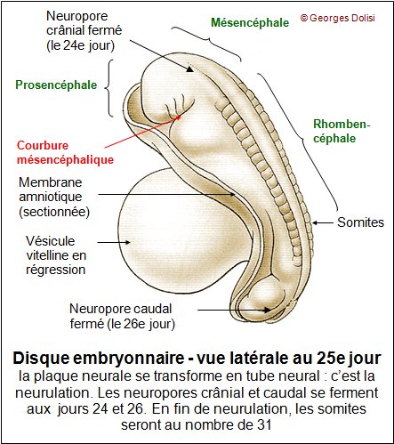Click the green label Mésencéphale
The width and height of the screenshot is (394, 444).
[250, 22]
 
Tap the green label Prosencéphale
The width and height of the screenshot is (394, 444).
[56, 85]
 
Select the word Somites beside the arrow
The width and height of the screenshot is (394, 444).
[360, 222]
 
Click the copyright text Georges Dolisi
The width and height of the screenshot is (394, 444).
[342, 18]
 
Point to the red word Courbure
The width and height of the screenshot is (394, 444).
[43, 145]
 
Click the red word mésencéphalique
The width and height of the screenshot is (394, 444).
[65, 160]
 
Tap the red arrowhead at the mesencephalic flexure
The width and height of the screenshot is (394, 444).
[178, 117]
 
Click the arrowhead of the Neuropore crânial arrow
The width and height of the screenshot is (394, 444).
[190, 69]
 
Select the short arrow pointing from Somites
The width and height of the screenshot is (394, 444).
[323, 222]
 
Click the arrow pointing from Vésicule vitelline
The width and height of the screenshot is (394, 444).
[114, 242]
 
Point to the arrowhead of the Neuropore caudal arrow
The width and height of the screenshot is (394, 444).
[268, 310]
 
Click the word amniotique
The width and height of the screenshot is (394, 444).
[51, 197]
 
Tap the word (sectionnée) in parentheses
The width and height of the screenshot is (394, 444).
[54, 212]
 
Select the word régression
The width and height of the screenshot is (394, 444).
[56, 270]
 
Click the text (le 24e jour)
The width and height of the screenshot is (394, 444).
[81, 45]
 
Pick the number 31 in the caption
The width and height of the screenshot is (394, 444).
[264, 425]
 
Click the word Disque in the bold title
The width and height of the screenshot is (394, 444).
[41, 358]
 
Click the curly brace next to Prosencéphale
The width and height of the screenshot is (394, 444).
[109, 88]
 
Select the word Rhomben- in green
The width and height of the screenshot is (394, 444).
[342, 124]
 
